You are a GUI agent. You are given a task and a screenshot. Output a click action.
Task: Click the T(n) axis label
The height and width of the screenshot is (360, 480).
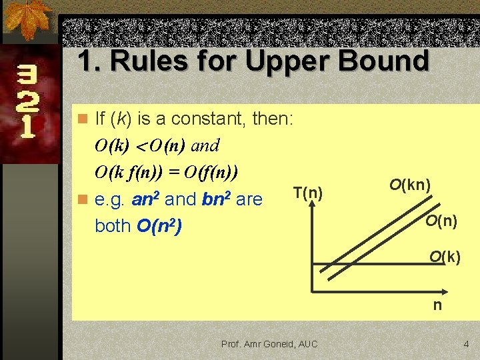tap(307, 193)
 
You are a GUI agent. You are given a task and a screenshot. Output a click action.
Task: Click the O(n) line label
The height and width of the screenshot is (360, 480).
tap(441, 220)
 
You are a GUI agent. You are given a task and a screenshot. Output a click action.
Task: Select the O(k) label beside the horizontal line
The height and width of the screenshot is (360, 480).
tap(445, 257)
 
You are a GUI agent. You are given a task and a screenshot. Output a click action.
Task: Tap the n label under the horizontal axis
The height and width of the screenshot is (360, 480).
tap(437, 305)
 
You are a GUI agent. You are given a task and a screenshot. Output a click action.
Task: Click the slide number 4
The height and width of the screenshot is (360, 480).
tap(466, 344)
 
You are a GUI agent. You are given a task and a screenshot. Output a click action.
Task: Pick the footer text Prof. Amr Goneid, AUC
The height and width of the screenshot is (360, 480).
tap(269, 344)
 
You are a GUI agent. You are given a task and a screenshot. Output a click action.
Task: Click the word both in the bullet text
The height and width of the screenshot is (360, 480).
tap(113, 226)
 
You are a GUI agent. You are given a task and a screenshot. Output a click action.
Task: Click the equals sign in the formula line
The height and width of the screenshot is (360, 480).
tap(173, 172)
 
